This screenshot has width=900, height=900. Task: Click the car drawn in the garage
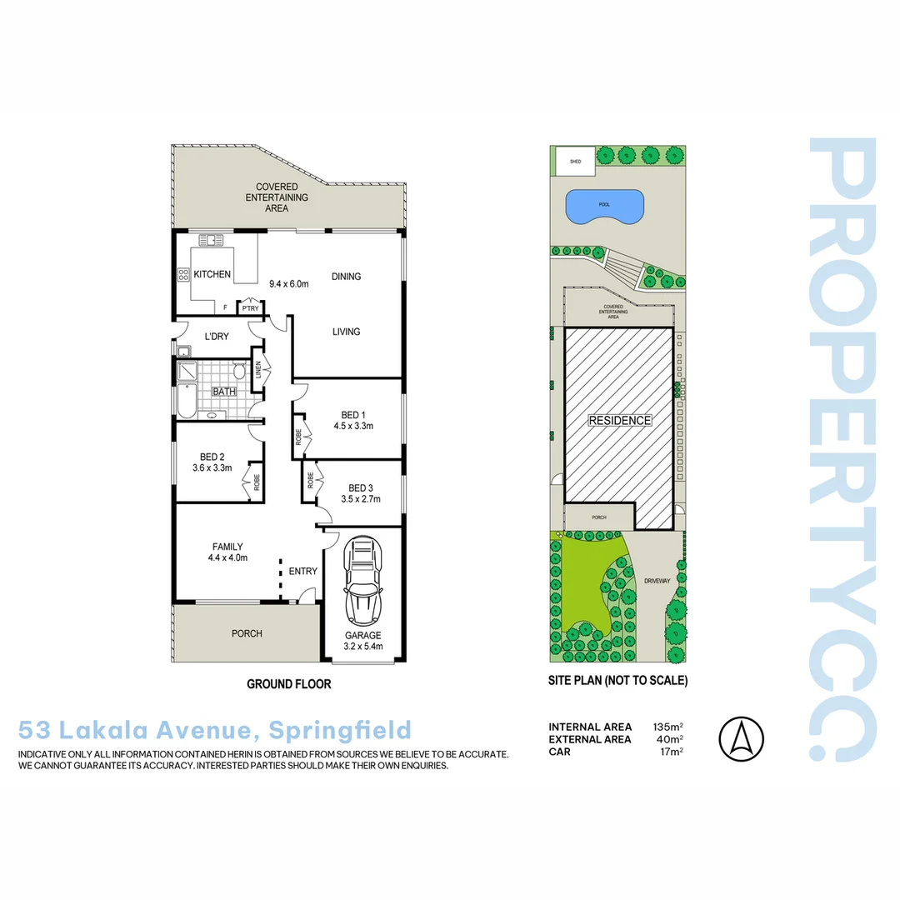363,583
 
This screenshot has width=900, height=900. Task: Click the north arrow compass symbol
741,738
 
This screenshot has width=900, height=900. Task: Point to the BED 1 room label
352,415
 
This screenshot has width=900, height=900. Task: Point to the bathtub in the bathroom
184,401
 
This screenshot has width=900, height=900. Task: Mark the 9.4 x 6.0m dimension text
289,283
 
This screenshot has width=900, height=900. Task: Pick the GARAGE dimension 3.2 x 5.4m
363,646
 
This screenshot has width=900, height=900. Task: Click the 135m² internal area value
668,727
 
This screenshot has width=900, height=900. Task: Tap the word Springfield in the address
348,731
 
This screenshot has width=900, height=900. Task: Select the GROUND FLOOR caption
289,684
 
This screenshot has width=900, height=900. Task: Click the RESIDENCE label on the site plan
620,421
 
